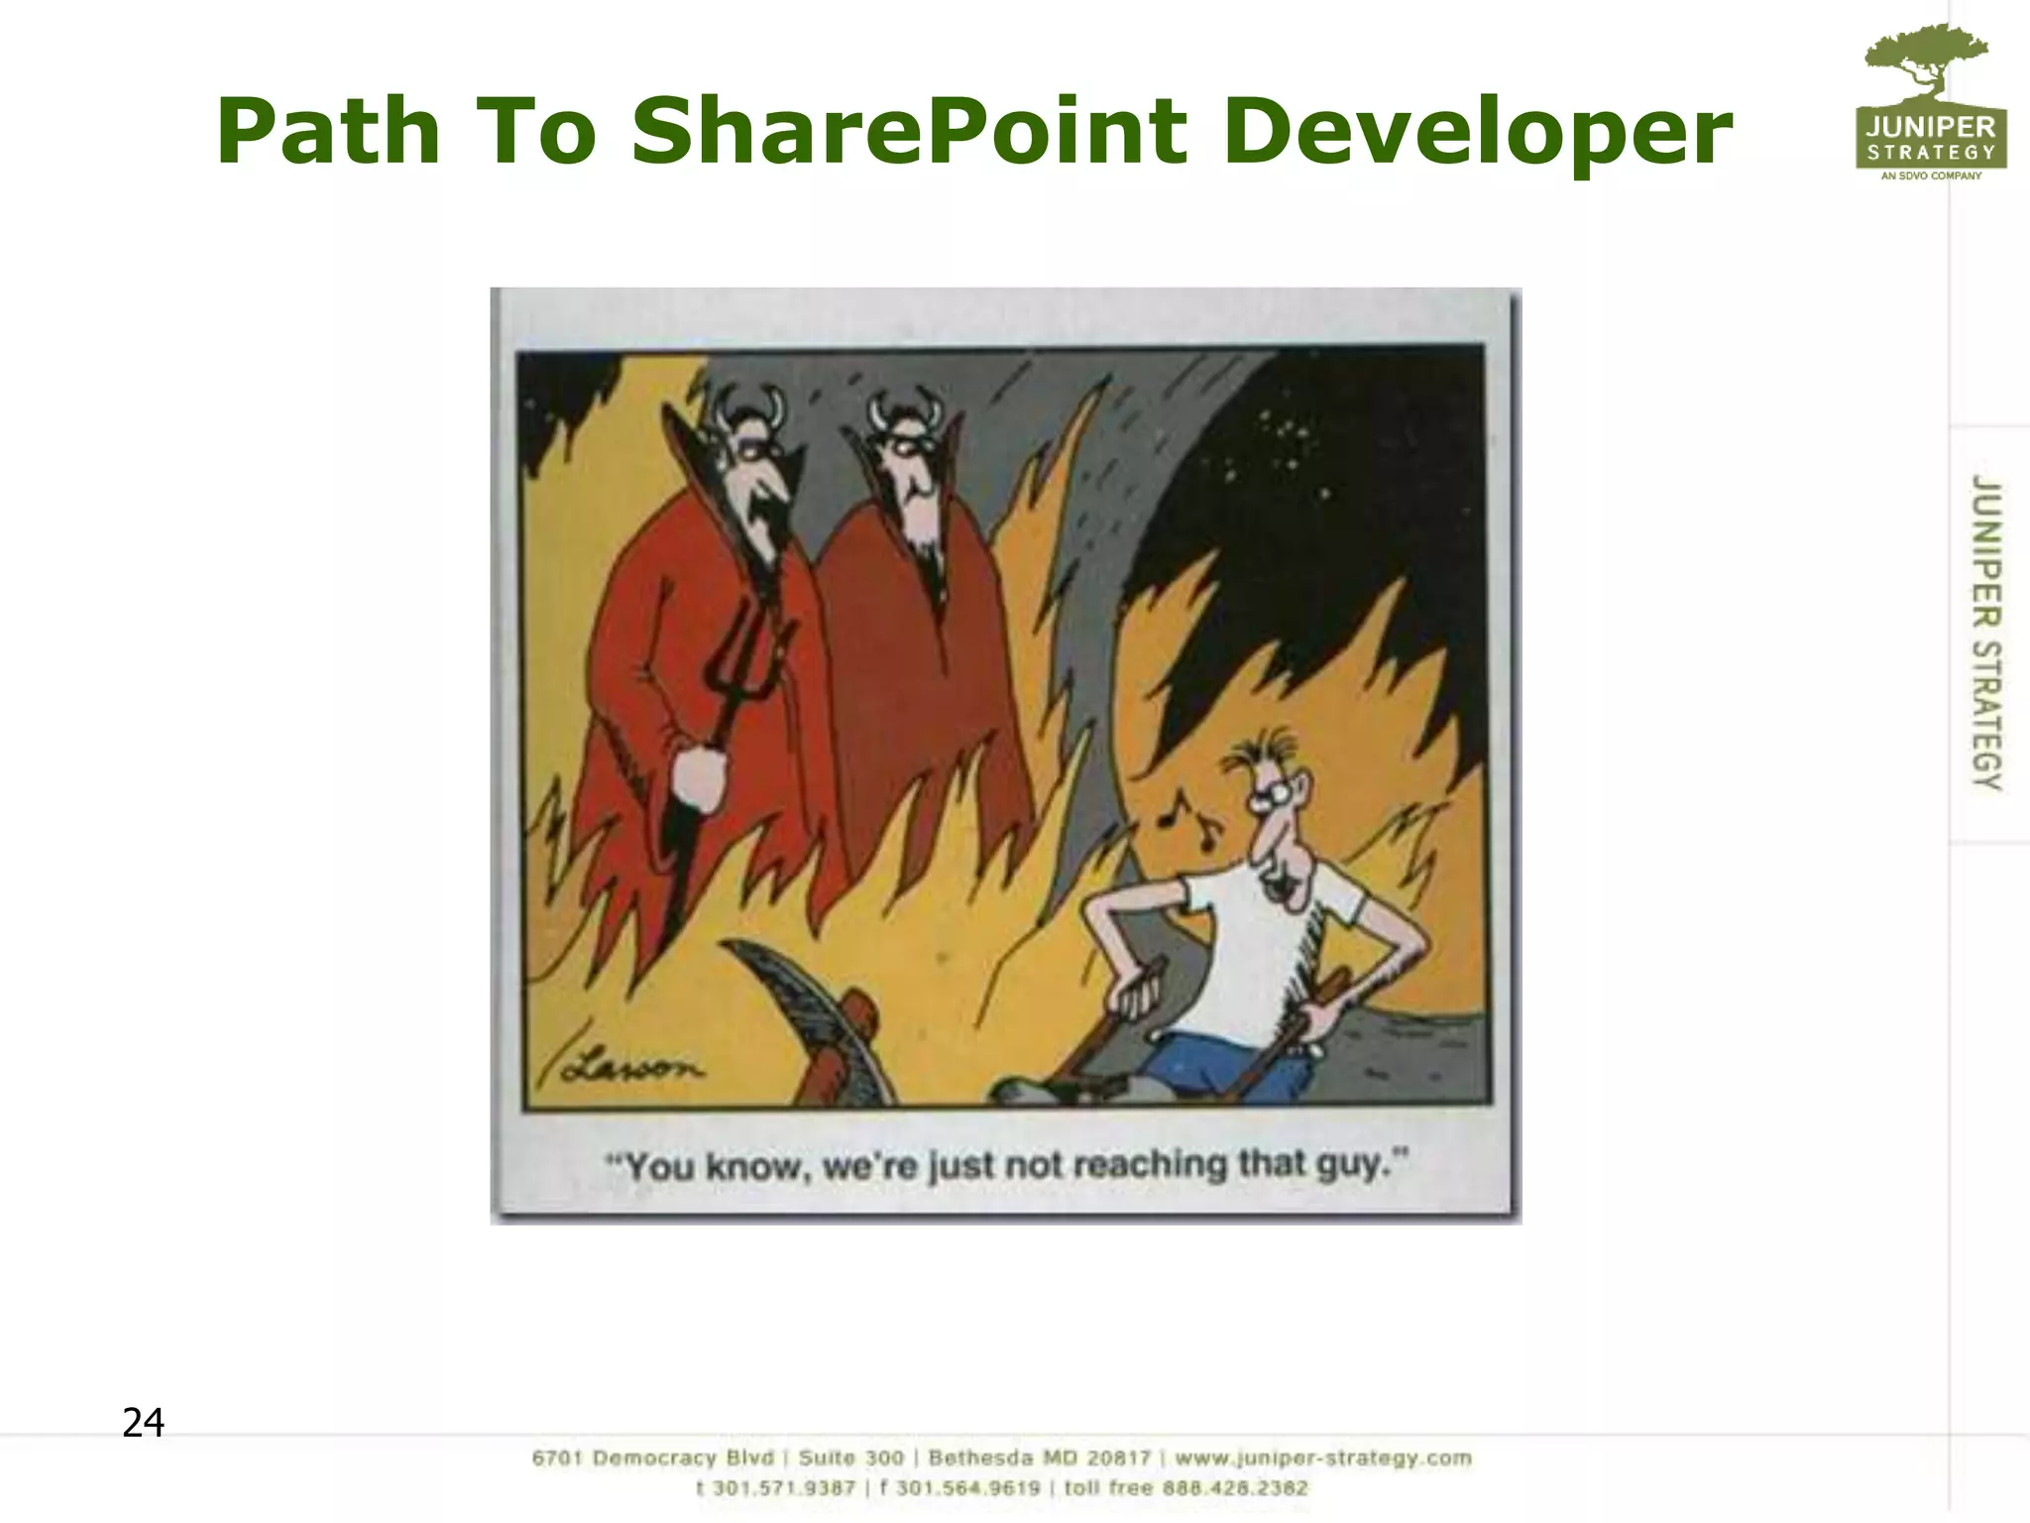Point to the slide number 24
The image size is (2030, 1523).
pyautogui.click(x=143, y=1423)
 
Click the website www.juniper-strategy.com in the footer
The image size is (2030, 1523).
pyautogui.click(x=1323, y=1458)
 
